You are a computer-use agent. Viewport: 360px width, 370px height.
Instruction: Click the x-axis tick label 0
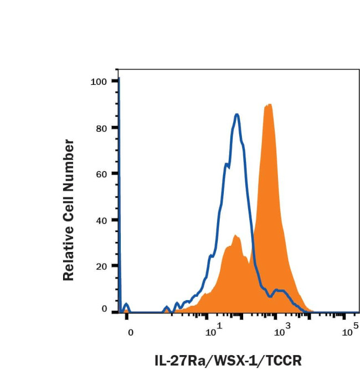point(131,333)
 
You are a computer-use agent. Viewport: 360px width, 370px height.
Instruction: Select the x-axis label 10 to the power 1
point(213,332)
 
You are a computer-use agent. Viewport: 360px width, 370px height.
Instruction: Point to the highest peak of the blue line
point(237,115)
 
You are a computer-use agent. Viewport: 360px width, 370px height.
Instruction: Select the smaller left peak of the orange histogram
point(236,236)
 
